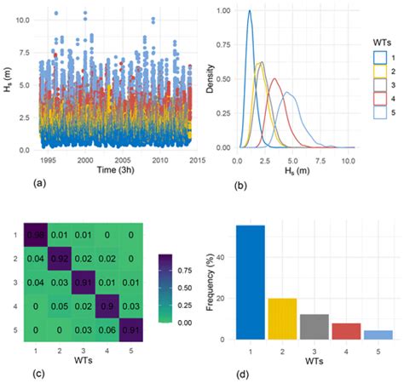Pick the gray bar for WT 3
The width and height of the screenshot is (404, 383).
[x=313, y=327]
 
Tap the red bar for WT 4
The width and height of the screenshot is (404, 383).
[x=345, y=331]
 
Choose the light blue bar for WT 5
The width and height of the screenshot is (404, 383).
[x=378, y=334]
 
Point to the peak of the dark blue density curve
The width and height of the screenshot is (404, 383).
[x=250, y=11]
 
